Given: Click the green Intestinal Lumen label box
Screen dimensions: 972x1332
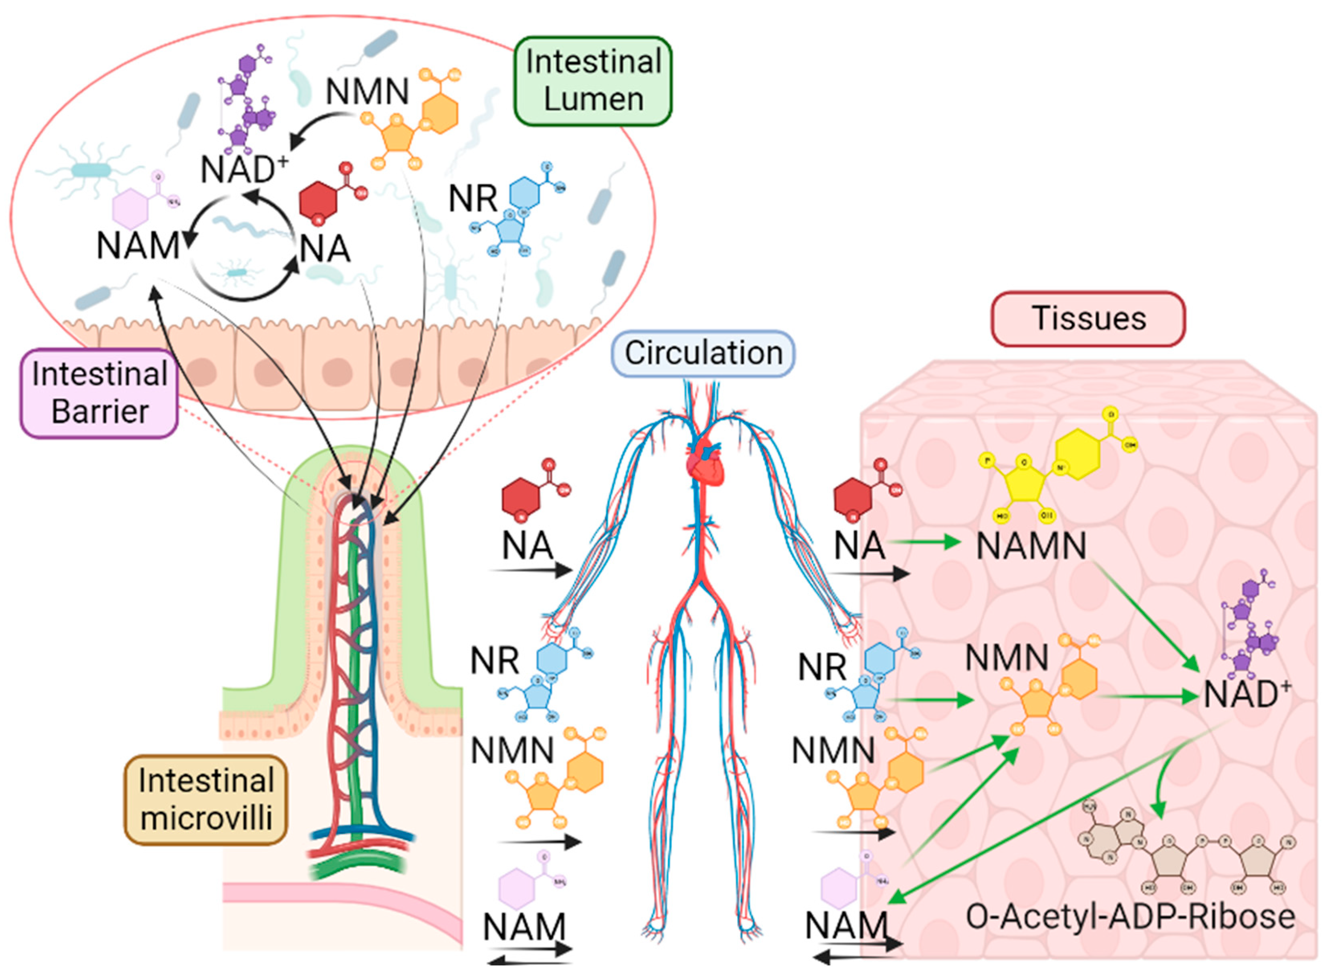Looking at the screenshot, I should [x=593, y=81].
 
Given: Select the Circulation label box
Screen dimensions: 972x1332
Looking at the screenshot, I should [x=703, y=353].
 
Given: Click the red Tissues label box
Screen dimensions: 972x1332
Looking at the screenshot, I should [x=1088, y=318].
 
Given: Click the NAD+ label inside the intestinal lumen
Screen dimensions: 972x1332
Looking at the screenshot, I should [x=243, y=169].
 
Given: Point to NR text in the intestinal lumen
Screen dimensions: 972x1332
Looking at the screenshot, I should [x=472, y=199].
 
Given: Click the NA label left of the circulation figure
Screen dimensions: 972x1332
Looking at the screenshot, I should [x=528, y=546].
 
